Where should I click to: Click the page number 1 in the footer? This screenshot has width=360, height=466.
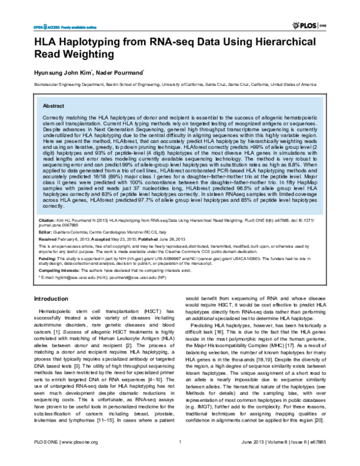tap(180, 459)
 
